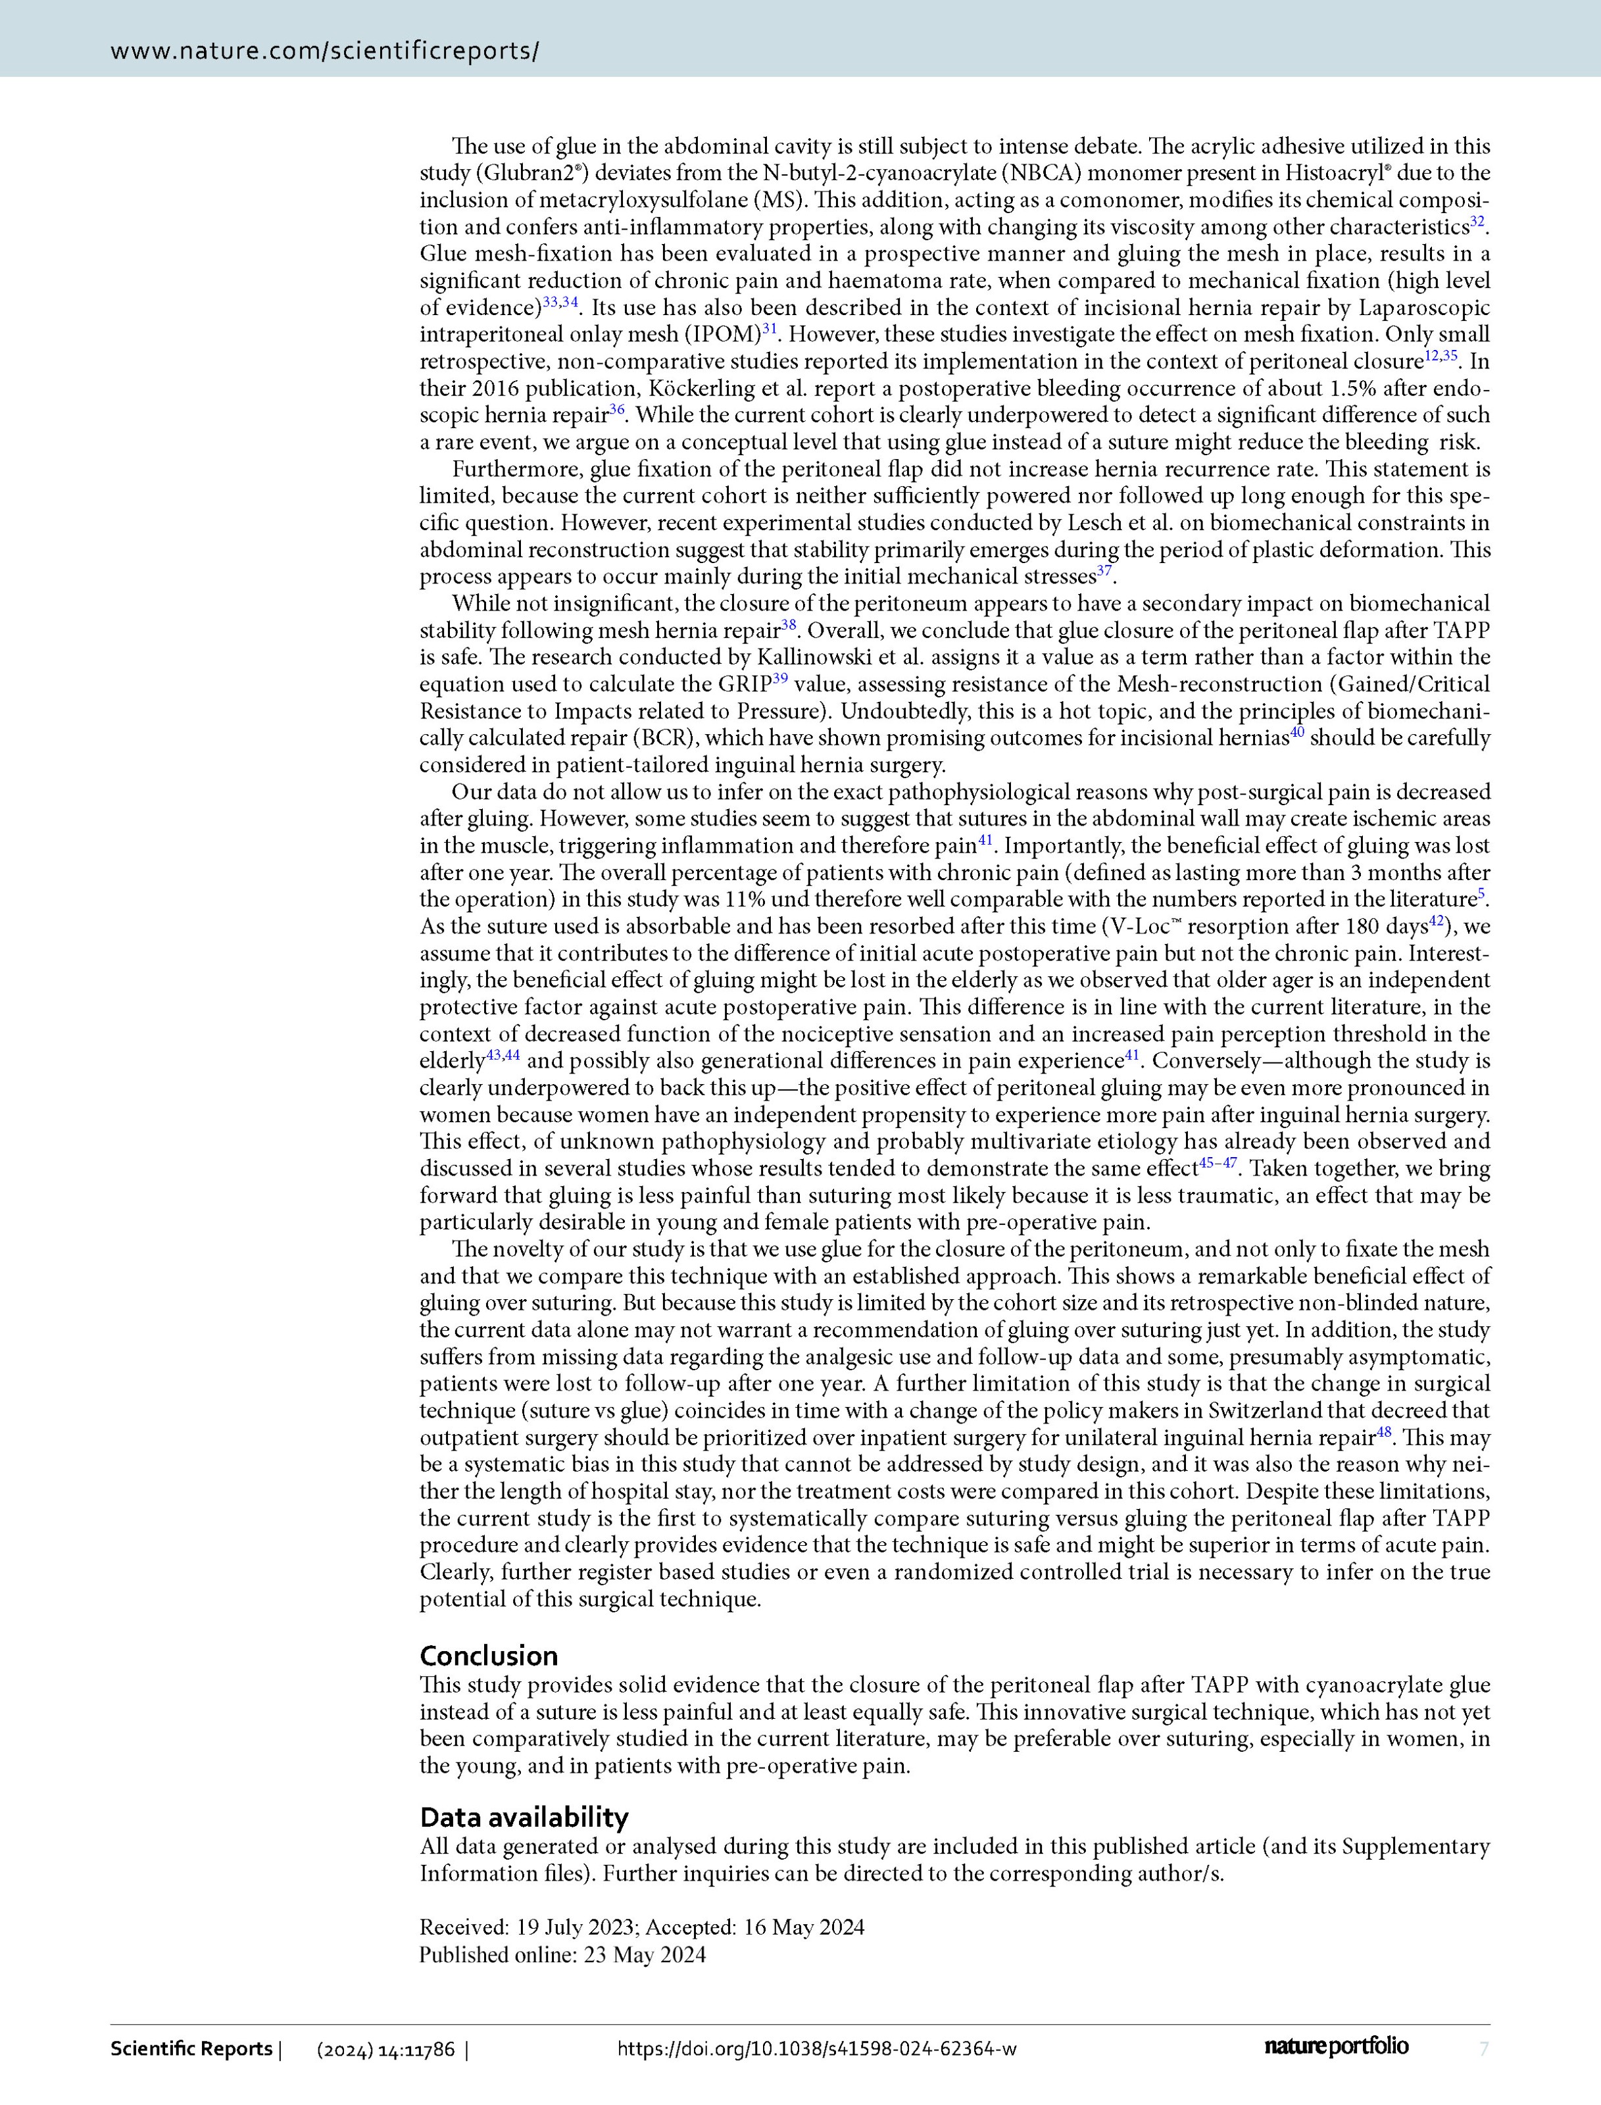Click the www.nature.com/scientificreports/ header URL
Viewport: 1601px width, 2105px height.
tap(325, 51)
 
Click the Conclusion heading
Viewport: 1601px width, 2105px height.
tap(488, 1655)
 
